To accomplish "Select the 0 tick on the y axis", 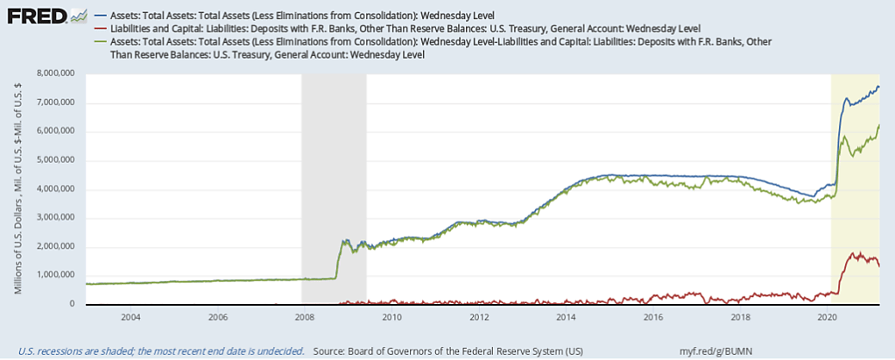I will tap(73, 304).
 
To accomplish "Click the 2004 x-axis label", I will tap(130, 316).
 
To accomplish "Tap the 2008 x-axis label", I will tap(304, 316).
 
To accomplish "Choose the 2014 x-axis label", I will tap(566, 316).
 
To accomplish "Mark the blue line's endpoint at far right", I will tap(879, 86).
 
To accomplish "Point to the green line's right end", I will tap(879, 125).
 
